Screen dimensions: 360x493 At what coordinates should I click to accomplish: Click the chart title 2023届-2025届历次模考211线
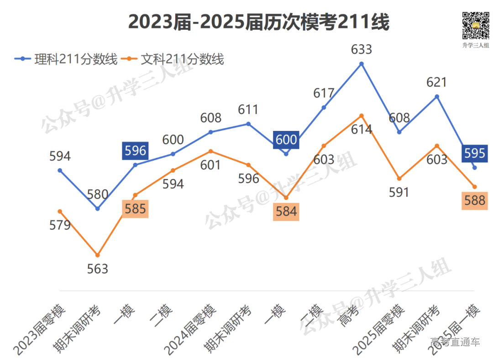(x=258, y=21)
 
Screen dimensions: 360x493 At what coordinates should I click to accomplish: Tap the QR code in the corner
(x=475, y=26)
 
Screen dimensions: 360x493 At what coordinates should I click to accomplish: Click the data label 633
(x=362, y=49)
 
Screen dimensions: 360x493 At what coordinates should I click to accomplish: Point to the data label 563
(x=98, y=269)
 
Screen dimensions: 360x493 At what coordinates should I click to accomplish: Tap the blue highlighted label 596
(x=136, y=151)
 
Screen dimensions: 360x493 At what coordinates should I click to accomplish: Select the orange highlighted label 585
(x=136, y=209)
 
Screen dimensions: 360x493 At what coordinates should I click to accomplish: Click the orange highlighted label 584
(x=286, y=212)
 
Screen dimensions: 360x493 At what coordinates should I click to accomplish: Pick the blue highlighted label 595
(x=475, y=153)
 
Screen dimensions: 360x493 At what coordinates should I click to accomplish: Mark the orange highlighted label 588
(x=475, y=200)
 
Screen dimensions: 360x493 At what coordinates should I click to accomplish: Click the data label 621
(x=437, y=83)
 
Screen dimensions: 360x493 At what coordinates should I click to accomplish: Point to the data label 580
(x=98, y=195)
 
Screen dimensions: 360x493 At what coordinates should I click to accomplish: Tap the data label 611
(x=249, y=110)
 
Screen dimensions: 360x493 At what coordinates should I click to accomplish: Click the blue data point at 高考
(x=362, y=64)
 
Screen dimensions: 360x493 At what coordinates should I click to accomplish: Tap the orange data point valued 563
(x=98, y=255)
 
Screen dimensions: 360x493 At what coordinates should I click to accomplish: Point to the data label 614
(x=362, y=129)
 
